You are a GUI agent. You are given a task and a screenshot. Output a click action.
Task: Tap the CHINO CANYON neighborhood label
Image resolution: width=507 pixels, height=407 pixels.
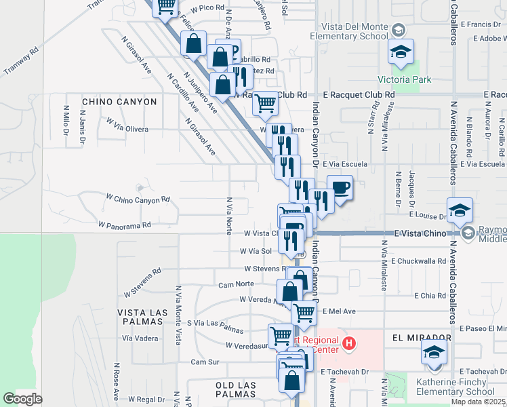click(x=119, y=102)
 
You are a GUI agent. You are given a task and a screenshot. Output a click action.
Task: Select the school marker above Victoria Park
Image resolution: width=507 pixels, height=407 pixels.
click(x=401, y=51)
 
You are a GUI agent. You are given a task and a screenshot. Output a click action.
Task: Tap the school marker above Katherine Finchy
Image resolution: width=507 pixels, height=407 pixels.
click(x=434, y=351)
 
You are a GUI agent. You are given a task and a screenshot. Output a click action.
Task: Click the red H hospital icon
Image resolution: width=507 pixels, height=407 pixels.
click(x=348, y=344)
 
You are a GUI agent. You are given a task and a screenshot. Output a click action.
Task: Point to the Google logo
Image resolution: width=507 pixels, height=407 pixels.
click(x=22, y=399)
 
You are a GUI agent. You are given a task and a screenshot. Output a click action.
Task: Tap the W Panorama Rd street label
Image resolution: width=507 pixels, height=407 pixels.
click(x=123, y=224)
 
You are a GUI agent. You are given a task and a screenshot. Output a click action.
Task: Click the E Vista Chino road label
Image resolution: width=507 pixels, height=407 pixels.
click(x=421, y=233)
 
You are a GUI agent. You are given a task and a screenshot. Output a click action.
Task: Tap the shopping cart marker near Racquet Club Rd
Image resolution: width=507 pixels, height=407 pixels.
click(x=265, y=102)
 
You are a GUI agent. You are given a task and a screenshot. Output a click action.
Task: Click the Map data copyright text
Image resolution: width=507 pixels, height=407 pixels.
click(x=479, y=402)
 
